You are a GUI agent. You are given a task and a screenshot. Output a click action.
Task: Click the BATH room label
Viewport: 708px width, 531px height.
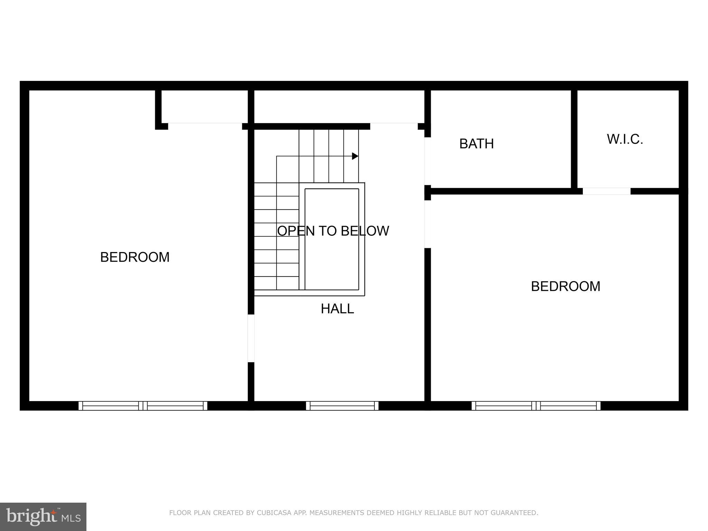[x=476, y=144]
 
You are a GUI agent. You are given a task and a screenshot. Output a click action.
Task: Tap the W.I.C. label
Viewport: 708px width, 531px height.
[x=625, y=139]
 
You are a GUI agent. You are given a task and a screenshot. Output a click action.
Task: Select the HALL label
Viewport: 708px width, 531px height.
[x=337, y=309]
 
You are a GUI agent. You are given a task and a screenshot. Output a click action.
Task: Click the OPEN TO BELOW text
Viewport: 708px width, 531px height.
[x=333, y=231]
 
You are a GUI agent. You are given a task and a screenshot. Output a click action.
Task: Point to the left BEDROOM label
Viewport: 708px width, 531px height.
[x=135, y=257]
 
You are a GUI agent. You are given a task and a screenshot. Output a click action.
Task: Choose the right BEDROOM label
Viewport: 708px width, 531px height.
[x=566, y=286]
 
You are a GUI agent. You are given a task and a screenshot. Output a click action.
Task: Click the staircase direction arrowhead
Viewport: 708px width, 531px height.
[x=355, y=156]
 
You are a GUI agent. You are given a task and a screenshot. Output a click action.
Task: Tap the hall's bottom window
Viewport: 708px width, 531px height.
[x=342, y=406]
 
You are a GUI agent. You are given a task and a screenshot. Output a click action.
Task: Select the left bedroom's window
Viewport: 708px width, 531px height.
[x=143, y=406]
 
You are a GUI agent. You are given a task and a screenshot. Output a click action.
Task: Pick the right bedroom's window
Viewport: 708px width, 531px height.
[x=536, y=406]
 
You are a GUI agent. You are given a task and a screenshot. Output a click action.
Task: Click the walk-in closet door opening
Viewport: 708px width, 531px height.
[x=606, y=191]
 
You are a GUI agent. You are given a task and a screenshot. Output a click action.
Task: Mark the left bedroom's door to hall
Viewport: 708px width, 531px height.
[x=251, y=338]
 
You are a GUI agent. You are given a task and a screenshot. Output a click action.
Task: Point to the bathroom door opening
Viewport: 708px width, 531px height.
[x=427, y=161]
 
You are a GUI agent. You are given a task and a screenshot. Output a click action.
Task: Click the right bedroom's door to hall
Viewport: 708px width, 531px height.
[x=427, y=224]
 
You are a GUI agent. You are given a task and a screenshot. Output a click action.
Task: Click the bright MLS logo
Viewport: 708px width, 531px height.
[x=43, y=517]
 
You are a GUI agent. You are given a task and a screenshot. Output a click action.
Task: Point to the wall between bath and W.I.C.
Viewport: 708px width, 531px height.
[x=574, y=138]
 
